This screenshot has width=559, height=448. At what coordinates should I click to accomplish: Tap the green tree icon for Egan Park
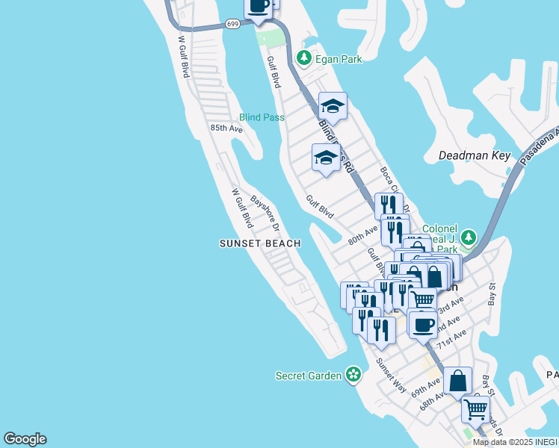coord(303,57)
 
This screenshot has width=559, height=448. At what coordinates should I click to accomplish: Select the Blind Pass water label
coord(262,117)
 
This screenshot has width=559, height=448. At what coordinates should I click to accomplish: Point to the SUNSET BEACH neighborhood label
coord(260,243)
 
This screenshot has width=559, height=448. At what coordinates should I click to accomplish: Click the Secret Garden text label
coord(309,376)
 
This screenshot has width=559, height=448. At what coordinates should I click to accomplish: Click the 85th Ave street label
coord(226,128)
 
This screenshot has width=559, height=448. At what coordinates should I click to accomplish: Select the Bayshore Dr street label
coord(265,212)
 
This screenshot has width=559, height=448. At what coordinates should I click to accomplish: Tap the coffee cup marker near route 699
coord(259,6)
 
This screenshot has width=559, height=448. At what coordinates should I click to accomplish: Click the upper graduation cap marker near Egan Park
coord(333,106)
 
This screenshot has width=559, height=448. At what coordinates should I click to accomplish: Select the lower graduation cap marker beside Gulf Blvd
coord(326,158)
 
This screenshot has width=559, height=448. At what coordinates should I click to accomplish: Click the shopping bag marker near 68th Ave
coord(457,381)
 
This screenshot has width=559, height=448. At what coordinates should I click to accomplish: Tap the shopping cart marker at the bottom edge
coord(475,408)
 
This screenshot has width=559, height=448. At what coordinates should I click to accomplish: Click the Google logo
coord(25,439)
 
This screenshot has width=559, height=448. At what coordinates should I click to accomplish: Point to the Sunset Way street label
coord(392,376)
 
